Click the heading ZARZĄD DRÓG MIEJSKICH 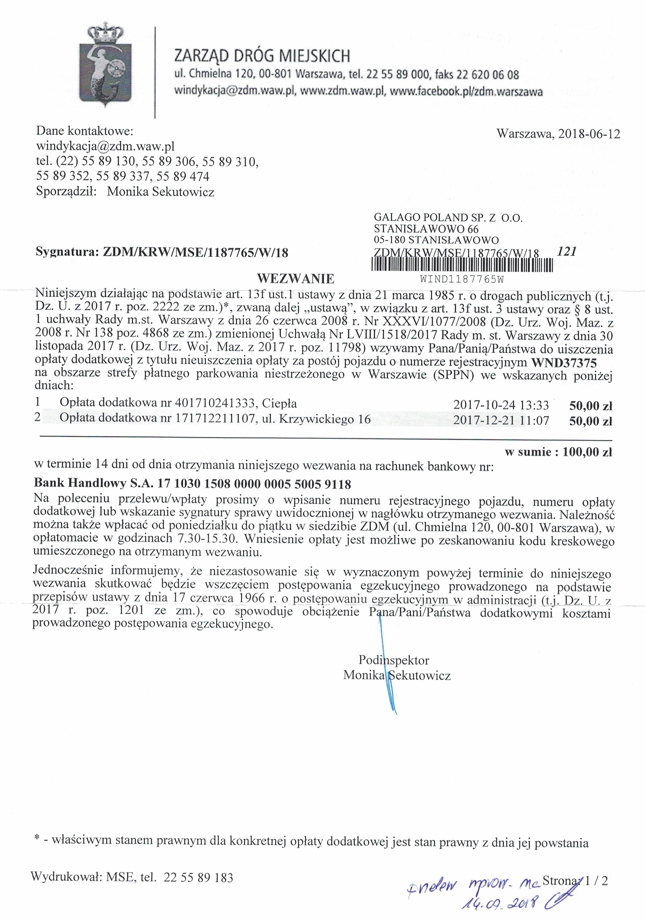(x=262, y=56)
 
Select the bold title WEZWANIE (x=295, y=278)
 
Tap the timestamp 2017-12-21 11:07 (x=501, y=420)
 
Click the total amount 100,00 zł (x=587, y=452)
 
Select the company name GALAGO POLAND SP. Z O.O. (x=448, y=218)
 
